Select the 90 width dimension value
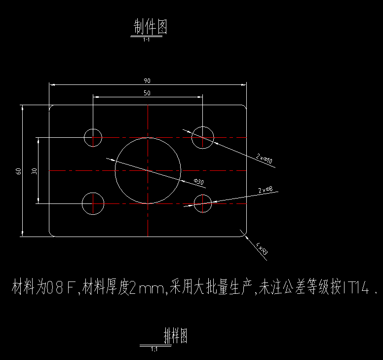[147, 80]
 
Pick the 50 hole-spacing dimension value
[147, 93]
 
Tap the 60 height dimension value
[19, 171]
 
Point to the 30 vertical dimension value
[34, 171]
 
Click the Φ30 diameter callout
[198, 182]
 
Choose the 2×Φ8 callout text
[266, 190]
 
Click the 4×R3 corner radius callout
[262, 248]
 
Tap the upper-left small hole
[93, 137]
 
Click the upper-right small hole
[203, 137]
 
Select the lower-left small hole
[93, 203]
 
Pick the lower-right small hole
[203, 203]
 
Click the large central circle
[148, 170]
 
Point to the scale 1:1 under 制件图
[146, 40]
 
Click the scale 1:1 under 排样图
[154, 349]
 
